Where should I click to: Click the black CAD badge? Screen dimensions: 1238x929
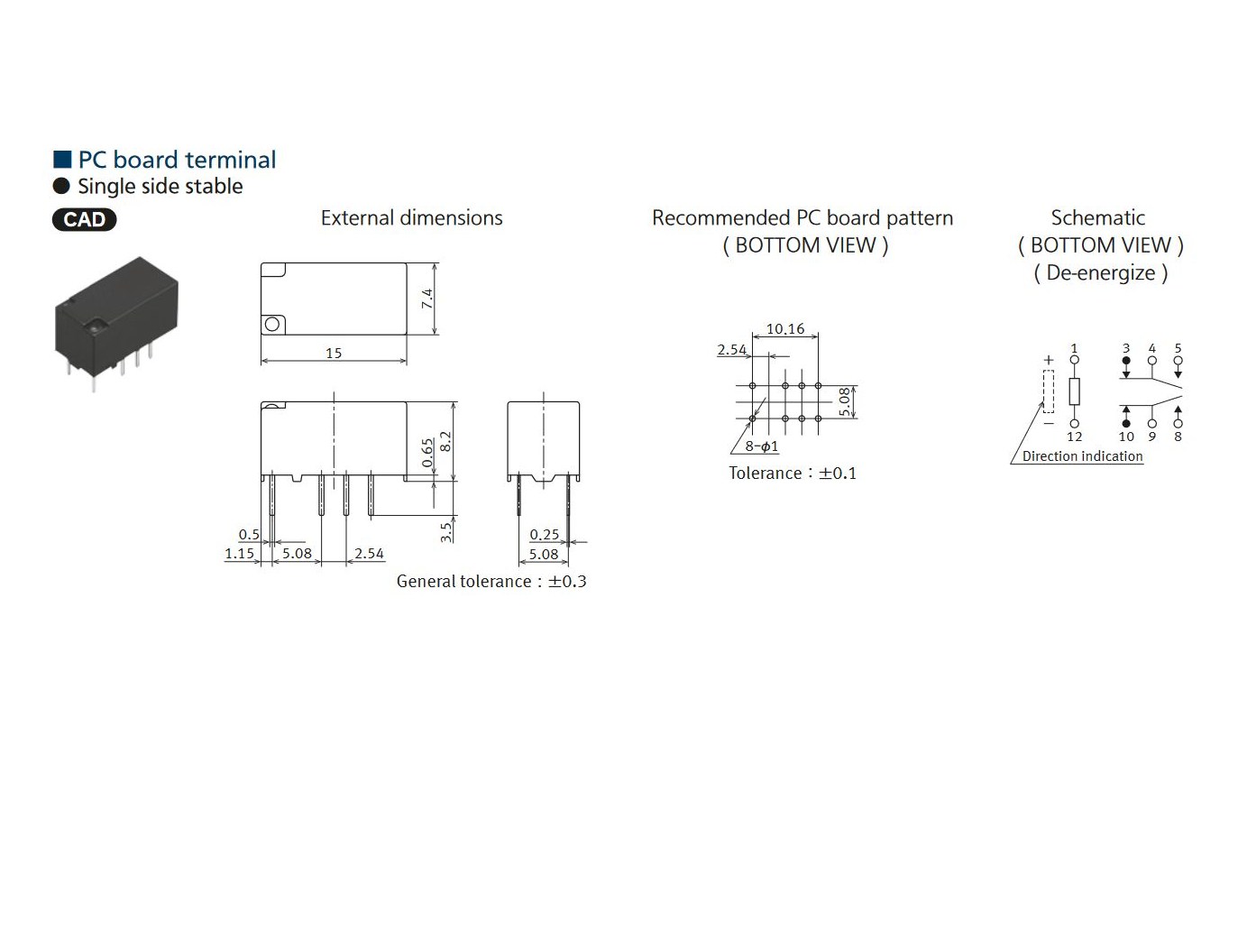click(84, 219)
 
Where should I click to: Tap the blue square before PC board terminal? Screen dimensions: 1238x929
click(62, 160)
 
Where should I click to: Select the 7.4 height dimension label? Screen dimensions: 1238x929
click(427, 299)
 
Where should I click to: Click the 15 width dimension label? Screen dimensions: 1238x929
click(334, 353)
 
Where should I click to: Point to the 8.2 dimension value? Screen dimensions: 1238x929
click(445, 441)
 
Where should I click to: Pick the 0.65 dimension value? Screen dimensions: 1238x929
click(427, 453)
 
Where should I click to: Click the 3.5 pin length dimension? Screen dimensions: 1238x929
click(445, 532)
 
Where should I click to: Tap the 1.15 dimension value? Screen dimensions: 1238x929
click(239, 553)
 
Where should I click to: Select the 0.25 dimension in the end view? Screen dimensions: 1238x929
click(545, 534)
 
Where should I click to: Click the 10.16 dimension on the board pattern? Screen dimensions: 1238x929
click(785, 329)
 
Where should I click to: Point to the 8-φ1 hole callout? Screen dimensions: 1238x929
click(761, 446)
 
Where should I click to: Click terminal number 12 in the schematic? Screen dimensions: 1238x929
click(1075, 437)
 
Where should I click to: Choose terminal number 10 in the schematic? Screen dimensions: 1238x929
click(1126, 437)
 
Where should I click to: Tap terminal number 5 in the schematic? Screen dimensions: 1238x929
click(1178, 348)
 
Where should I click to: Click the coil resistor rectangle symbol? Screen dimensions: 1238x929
click(1075, 391)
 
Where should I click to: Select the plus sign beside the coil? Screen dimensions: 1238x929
click(1049, 360)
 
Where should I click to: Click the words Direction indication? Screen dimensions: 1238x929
click(1082, 456)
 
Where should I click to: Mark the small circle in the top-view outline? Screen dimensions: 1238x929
click(271, 324)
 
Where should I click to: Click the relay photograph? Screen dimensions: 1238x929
click(116, 323)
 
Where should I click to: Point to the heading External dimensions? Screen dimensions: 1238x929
click(412, 217)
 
